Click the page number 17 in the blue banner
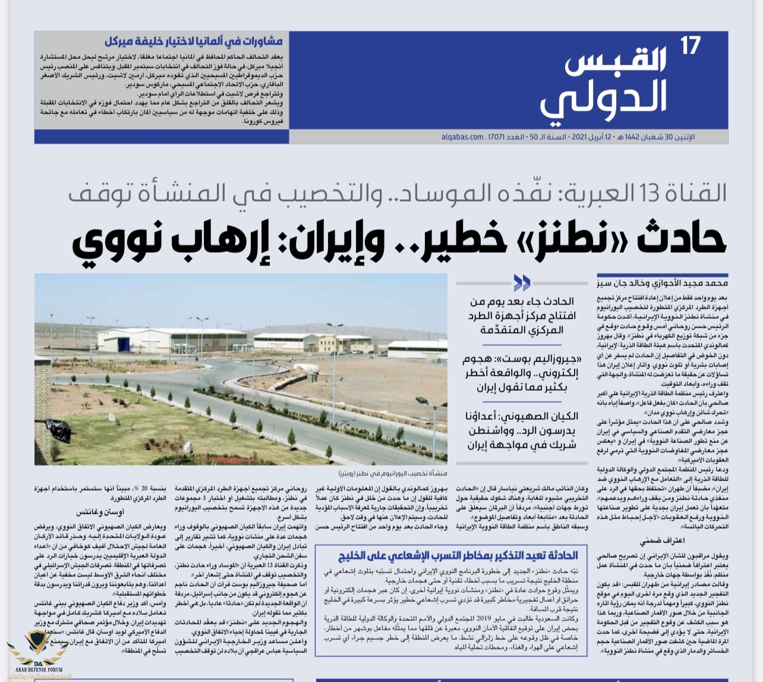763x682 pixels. coord(691,46)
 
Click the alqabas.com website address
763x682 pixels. coord(463,137)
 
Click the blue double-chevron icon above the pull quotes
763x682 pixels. coord(522,282)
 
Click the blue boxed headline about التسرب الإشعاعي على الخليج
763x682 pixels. coord(458,555)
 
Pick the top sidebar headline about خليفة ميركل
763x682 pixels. coord(194,42)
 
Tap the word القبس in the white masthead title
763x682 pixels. coord(616,61)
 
